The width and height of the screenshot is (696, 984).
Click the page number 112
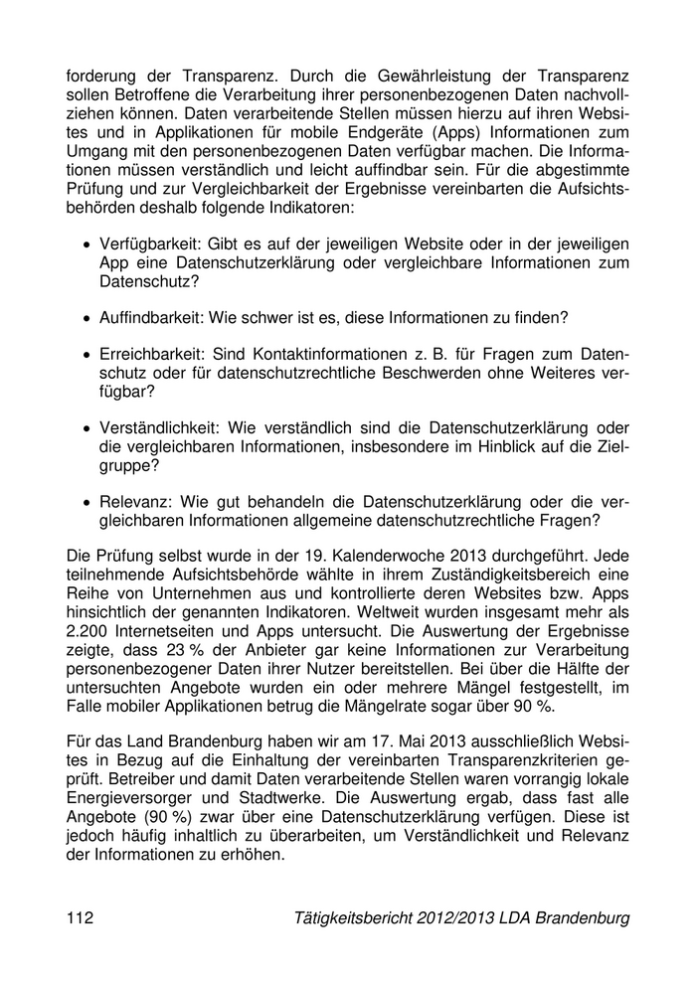[x=81, y=918]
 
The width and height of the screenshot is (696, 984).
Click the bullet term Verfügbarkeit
[x=143, y=245]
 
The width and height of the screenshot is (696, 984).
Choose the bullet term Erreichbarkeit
[x=147, y=354]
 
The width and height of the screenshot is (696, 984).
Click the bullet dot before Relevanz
[x=87, y=500]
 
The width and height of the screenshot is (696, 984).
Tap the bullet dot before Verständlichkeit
[x=87, y=427]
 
